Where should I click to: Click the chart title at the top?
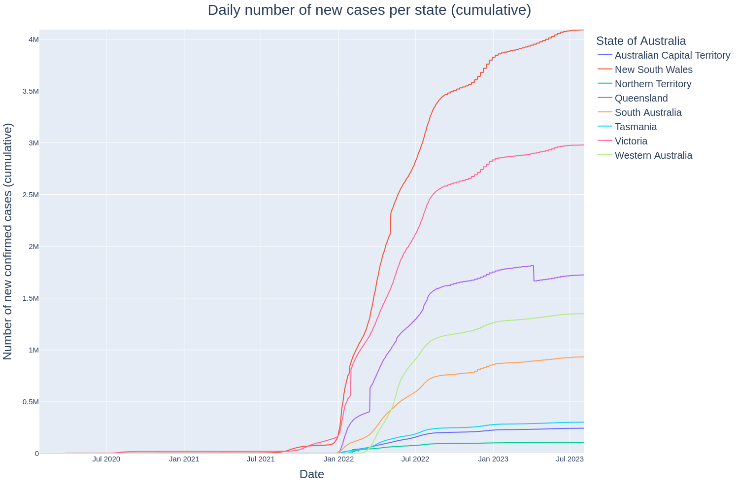pos(369,10)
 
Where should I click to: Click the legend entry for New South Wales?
pos(653,70)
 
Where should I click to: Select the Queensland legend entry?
pos(641,98)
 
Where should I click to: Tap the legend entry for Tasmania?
pos(636,127)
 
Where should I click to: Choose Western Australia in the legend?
pos(653,155)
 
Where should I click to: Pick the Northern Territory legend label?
pos(653,84)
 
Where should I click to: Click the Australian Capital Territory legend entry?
pos(672,55)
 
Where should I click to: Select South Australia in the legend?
pos(648,112)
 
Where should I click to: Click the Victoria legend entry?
pos(631,141)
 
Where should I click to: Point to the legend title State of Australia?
pos(641,41)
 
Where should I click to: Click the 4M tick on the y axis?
pos(34,39)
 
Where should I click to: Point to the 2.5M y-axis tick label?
pos(30,195)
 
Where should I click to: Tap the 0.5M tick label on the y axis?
pos(30,402)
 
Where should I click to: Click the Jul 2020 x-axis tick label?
pos(106,459)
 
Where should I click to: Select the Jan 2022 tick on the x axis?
pos(339,459)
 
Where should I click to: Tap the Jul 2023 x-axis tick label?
pos(570,459)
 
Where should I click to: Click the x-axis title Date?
pos(311,474)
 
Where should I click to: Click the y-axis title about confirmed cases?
pos(8,242)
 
